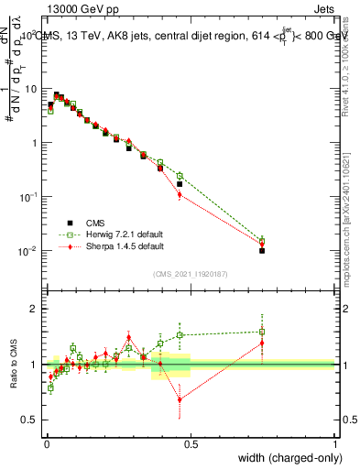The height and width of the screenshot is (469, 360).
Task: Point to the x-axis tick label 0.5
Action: pyautogui.click(x=191, y=443)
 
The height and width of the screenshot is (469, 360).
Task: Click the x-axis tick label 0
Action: pyautogui.click(x=46, y=443)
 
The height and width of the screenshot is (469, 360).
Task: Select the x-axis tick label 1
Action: pyautogui.click(x=334, y=443)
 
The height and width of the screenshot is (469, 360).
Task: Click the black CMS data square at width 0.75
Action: pyautogui.click(x=262, y=250)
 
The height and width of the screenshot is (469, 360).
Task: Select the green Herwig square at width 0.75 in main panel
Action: pyautogui.click(x=262, y=240)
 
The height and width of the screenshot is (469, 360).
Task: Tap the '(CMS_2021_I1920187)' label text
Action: pyautogui.click(x=191, y=272)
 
